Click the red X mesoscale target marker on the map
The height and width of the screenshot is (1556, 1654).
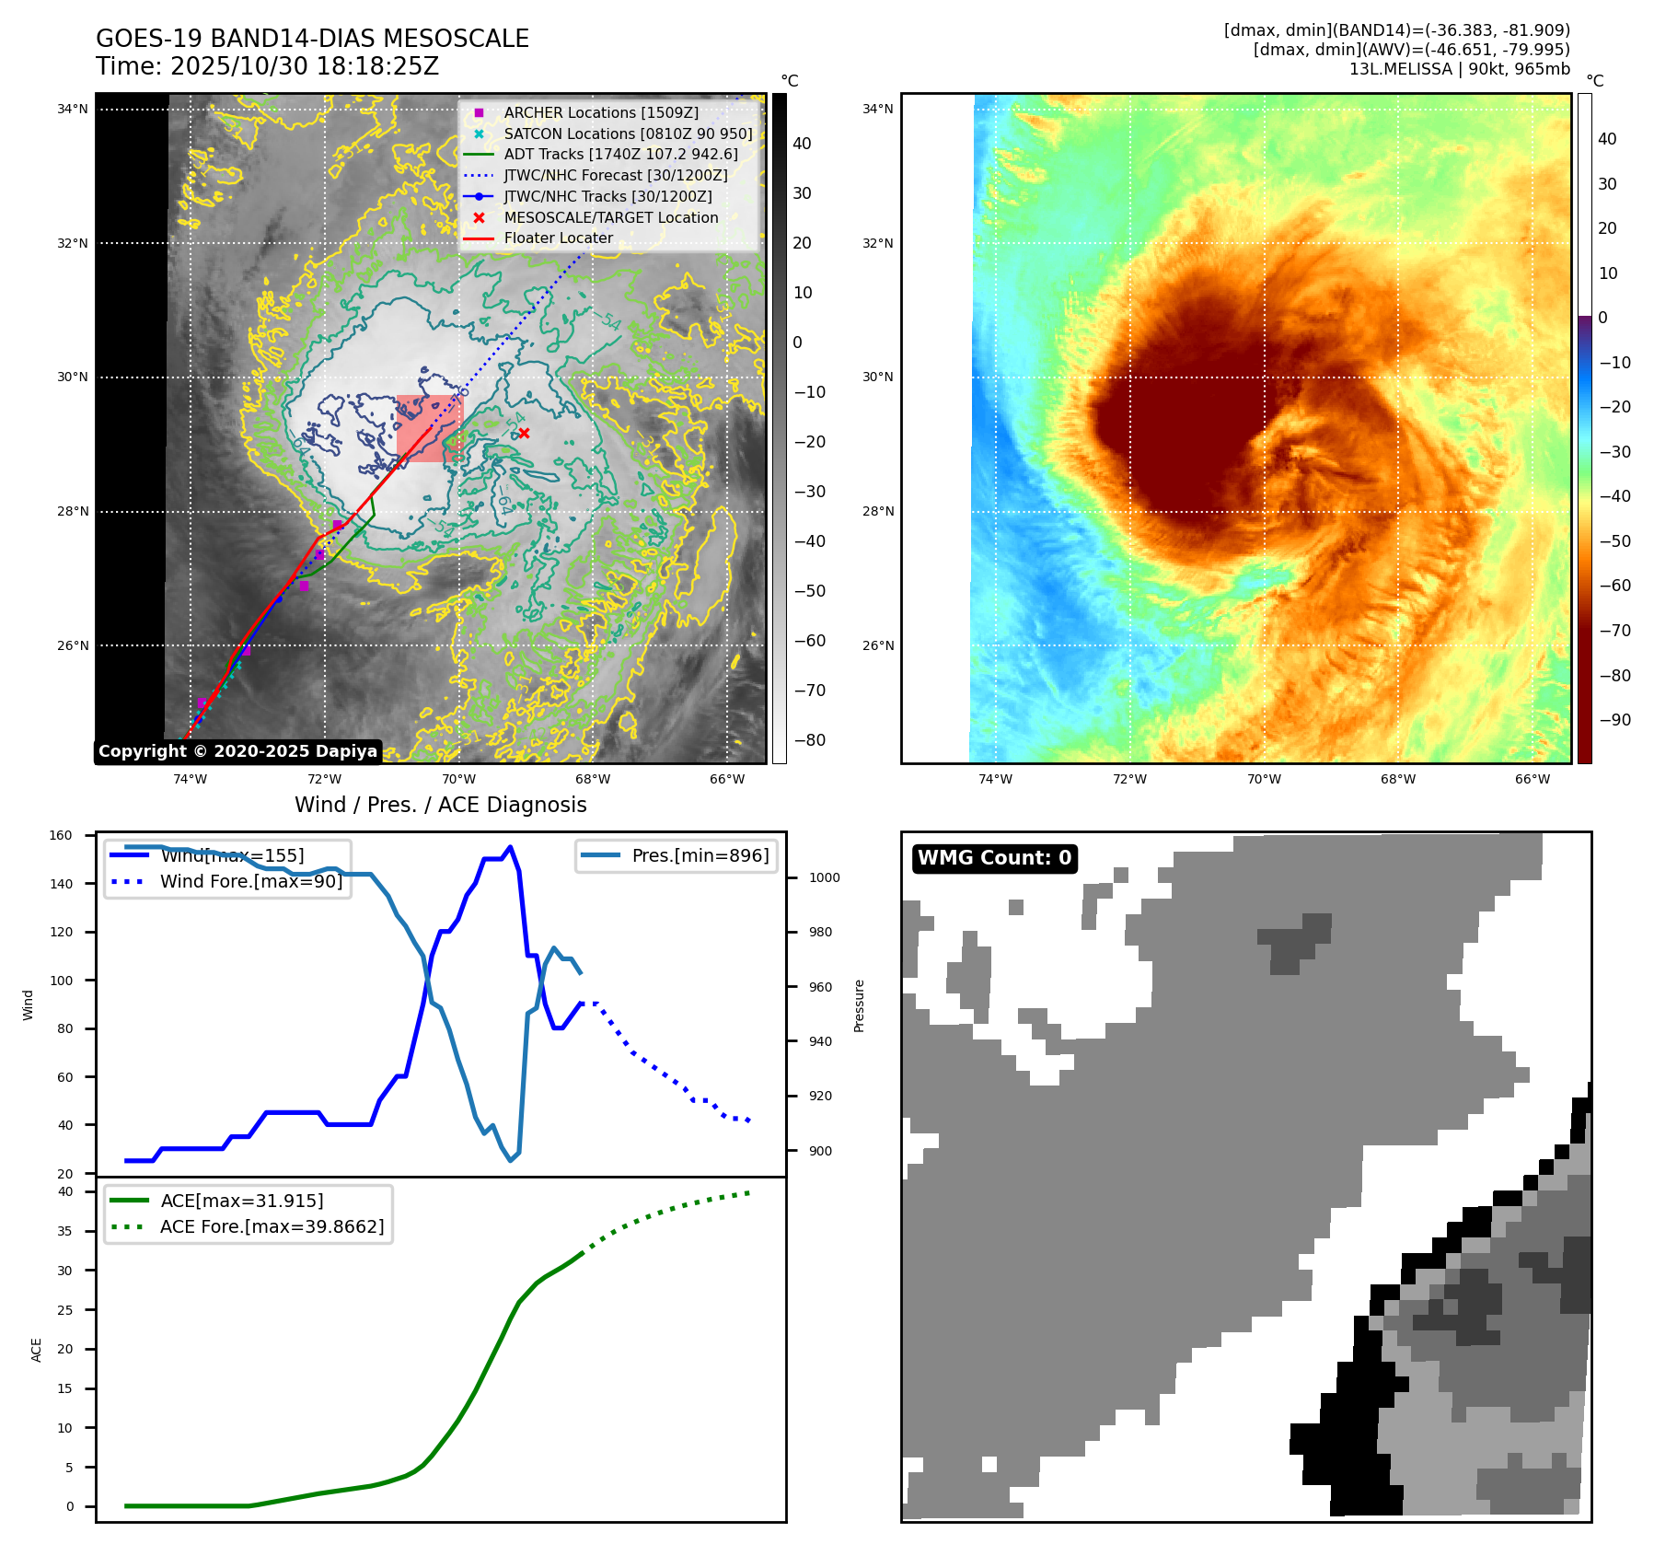(x=524, y=434)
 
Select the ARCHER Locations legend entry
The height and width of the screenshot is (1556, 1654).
(x=600, y=112)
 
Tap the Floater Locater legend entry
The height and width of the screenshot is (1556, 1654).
(x=558, y=238)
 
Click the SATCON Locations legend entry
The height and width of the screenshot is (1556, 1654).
(x=628, y=134)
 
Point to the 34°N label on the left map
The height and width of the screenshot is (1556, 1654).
(x=73, y=109)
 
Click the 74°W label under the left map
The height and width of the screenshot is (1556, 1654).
(x=191, y=779)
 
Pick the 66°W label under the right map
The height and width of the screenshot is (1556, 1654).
(x=1533, y=779)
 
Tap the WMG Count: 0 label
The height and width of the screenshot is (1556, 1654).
(x=994, y=858)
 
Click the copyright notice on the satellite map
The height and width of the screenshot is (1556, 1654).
(x=237, y=751)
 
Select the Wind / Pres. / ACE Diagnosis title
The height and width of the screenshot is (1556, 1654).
(x=440, y=805)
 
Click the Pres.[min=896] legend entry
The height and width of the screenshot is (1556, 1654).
(x=700, y=855)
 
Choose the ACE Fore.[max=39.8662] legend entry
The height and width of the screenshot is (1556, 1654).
(x=272, y=1226)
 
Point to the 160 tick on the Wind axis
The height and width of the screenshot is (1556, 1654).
(x=61, y=836)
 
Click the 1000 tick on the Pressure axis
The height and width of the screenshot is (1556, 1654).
(x=824, y=877)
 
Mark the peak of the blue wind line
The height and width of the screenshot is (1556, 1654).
(x=511, y=847)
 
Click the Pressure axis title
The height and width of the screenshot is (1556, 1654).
(x=859, y=1005)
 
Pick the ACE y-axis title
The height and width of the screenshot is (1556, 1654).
(x=37, y=1350)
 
